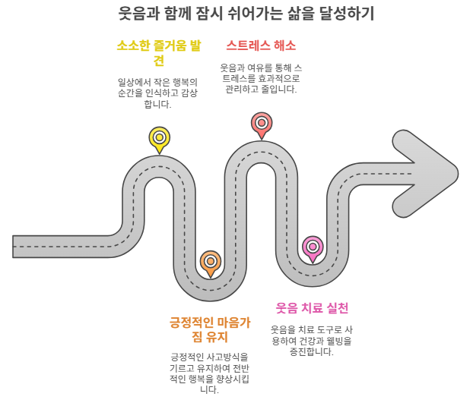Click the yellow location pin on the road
(159, 138)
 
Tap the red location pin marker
(262, 123)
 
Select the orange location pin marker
(211, 262)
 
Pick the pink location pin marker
(313, 247)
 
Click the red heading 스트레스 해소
(261, 45)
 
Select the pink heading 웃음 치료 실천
(312, 308)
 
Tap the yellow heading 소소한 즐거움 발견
(159, 53)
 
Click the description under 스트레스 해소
(261, 78)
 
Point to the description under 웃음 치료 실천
(312, 341)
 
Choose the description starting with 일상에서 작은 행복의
(158, 93)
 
